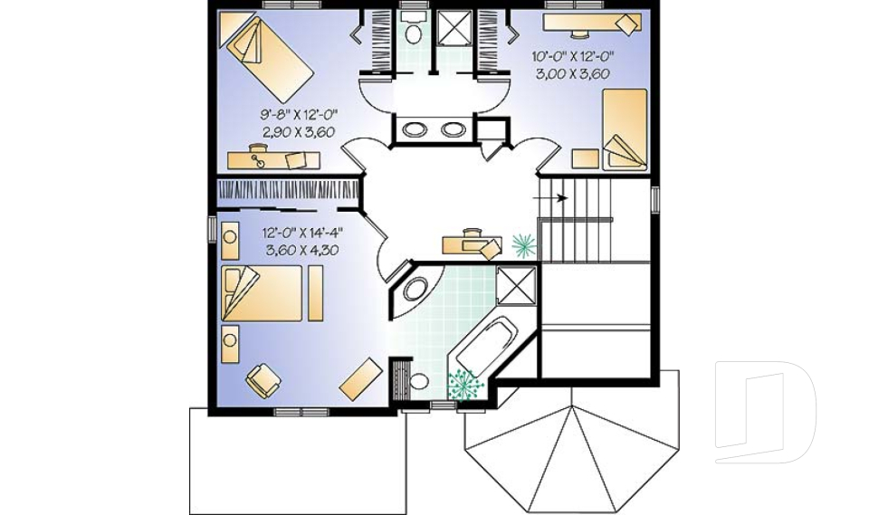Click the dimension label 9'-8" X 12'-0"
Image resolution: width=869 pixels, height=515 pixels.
(x=299, y=115)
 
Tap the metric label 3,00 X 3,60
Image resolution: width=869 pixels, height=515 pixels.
(x=572, y=73)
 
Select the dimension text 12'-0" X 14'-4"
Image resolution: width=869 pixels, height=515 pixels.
(x=302, y=233)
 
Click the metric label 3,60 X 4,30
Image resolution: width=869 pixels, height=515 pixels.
(x=302, y=250)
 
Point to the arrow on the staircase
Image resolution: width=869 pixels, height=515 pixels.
(x=551, y=197)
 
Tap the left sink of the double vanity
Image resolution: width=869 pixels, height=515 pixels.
(x=413, y=129)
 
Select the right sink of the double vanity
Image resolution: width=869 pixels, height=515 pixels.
(x=452, y=129)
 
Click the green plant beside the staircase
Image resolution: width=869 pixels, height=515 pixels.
(x=523, y=243)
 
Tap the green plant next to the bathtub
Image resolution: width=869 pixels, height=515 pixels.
(x=462, y=384)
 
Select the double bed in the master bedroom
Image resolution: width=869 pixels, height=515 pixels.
(x=263, y=293)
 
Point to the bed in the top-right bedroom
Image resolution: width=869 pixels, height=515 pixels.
(x=624, y=129)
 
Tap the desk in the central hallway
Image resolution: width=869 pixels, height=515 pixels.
(x=472, y=243)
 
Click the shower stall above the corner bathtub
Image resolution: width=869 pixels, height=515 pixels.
(x=517, y=285)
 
